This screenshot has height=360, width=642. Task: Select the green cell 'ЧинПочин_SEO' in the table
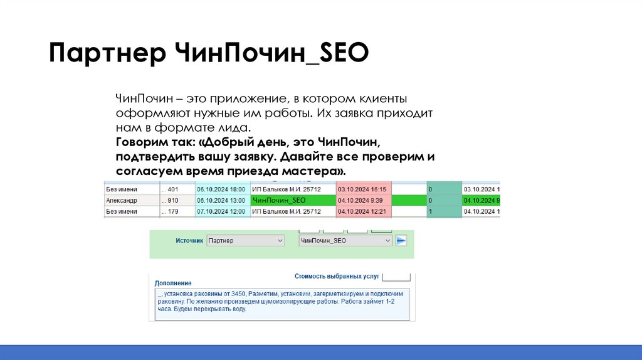pos(278,200)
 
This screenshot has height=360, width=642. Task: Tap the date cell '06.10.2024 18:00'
pos(220,189)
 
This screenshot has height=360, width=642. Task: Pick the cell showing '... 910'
pos(170,201)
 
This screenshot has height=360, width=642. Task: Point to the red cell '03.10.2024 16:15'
pos(362,189)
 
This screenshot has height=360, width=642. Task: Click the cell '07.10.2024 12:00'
pos(220,212)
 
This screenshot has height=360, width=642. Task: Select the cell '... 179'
pos(170,212)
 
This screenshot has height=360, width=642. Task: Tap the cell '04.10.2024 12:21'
pos(362,212)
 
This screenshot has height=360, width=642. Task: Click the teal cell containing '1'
pos(443,212)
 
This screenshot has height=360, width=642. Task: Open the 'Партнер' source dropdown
pos(245,240)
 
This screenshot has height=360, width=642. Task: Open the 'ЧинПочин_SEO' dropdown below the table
pos(345,240)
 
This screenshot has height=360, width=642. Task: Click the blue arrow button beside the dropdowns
pos(402,240)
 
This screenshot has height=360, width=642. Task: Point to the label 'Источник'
pos(189,241)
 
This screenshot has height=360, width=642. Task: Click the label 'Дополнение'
pos(173,283)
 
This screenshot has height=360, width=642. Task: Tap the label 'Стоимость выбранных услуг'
pos(336,276)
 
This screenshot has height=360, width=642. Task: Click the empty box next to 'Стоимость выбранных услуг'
pos(396,276)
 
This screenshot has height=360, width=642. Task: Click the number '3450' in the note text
pos(238,294)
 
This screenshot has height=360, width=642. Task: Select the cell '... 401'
pos(170,189)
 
